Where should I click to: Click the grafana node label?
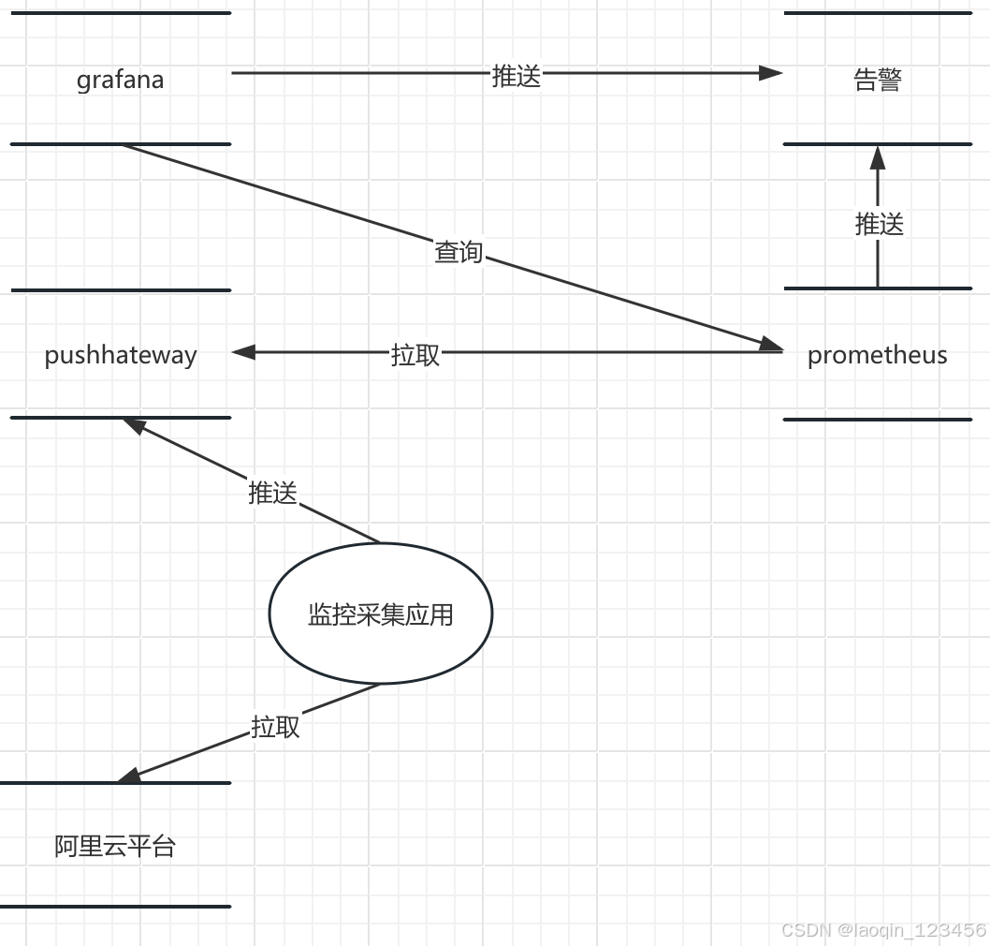click(x=120, y=80)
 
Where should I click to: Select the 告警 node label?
click(x=878, y=80)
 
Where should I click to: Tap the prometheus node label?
click(x=877, y=355)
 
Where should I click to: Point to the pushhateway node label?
click(x=121, y=355)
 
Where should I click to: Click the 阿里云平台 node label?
click(x=115, y=847)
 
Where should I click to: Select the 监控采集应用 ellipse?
click(x=380, y=614)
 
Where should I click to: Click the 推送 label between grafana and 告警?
click(x=517, y=75)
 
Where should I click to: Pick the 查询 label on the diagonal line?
click(x=459, y=252)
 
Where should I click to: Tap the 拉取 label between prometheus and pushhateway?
click(x=415, y=355)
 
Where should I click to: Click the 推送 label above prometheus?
click(x=879, y=224)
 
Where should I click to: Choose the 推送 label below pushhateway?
click(x=272, y=493)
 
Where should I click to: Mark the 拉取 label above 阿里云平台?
click(x=275, y=727)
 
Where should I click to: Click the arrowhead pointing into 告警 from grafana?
click(x=771, y=73)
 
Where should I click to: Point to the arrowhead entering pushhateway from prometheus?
click(x=243, y=352)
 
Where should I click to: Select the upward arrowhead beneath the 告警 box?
click(x=878, y=156)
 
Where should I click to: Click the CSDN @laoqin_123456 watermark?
click(x=883, y=930)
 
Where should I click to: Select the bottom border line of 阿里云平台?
click(x=115, y=906)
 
